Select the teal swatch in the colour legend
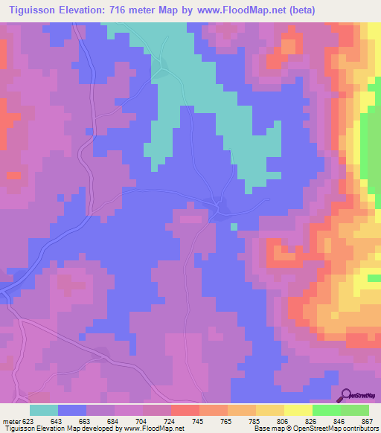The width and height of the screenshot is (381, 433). tap(44, 410)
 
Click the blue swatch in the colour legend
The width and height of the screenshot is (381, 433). tap(72, 410)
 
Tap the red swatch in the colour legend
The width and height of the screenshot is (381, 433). tap(185, 410)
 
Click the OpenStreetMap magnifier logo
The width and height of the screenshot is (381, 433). tap(348, 394)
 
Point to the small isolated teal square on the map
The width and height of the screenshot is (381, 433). tap(234, 226)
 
